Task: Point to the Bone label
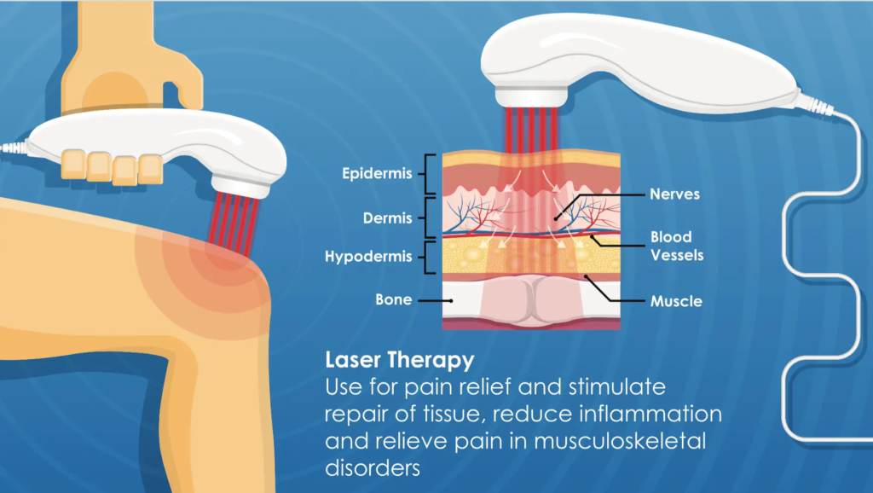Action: tap(394, 300)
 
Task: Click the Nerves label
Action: tap(674, 194)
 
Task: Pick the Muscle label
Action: tap(676, 301)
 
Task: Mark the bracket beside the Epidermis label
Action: tap(431, 173)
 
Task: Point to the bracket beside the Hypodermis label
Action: tap(431, 255)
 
